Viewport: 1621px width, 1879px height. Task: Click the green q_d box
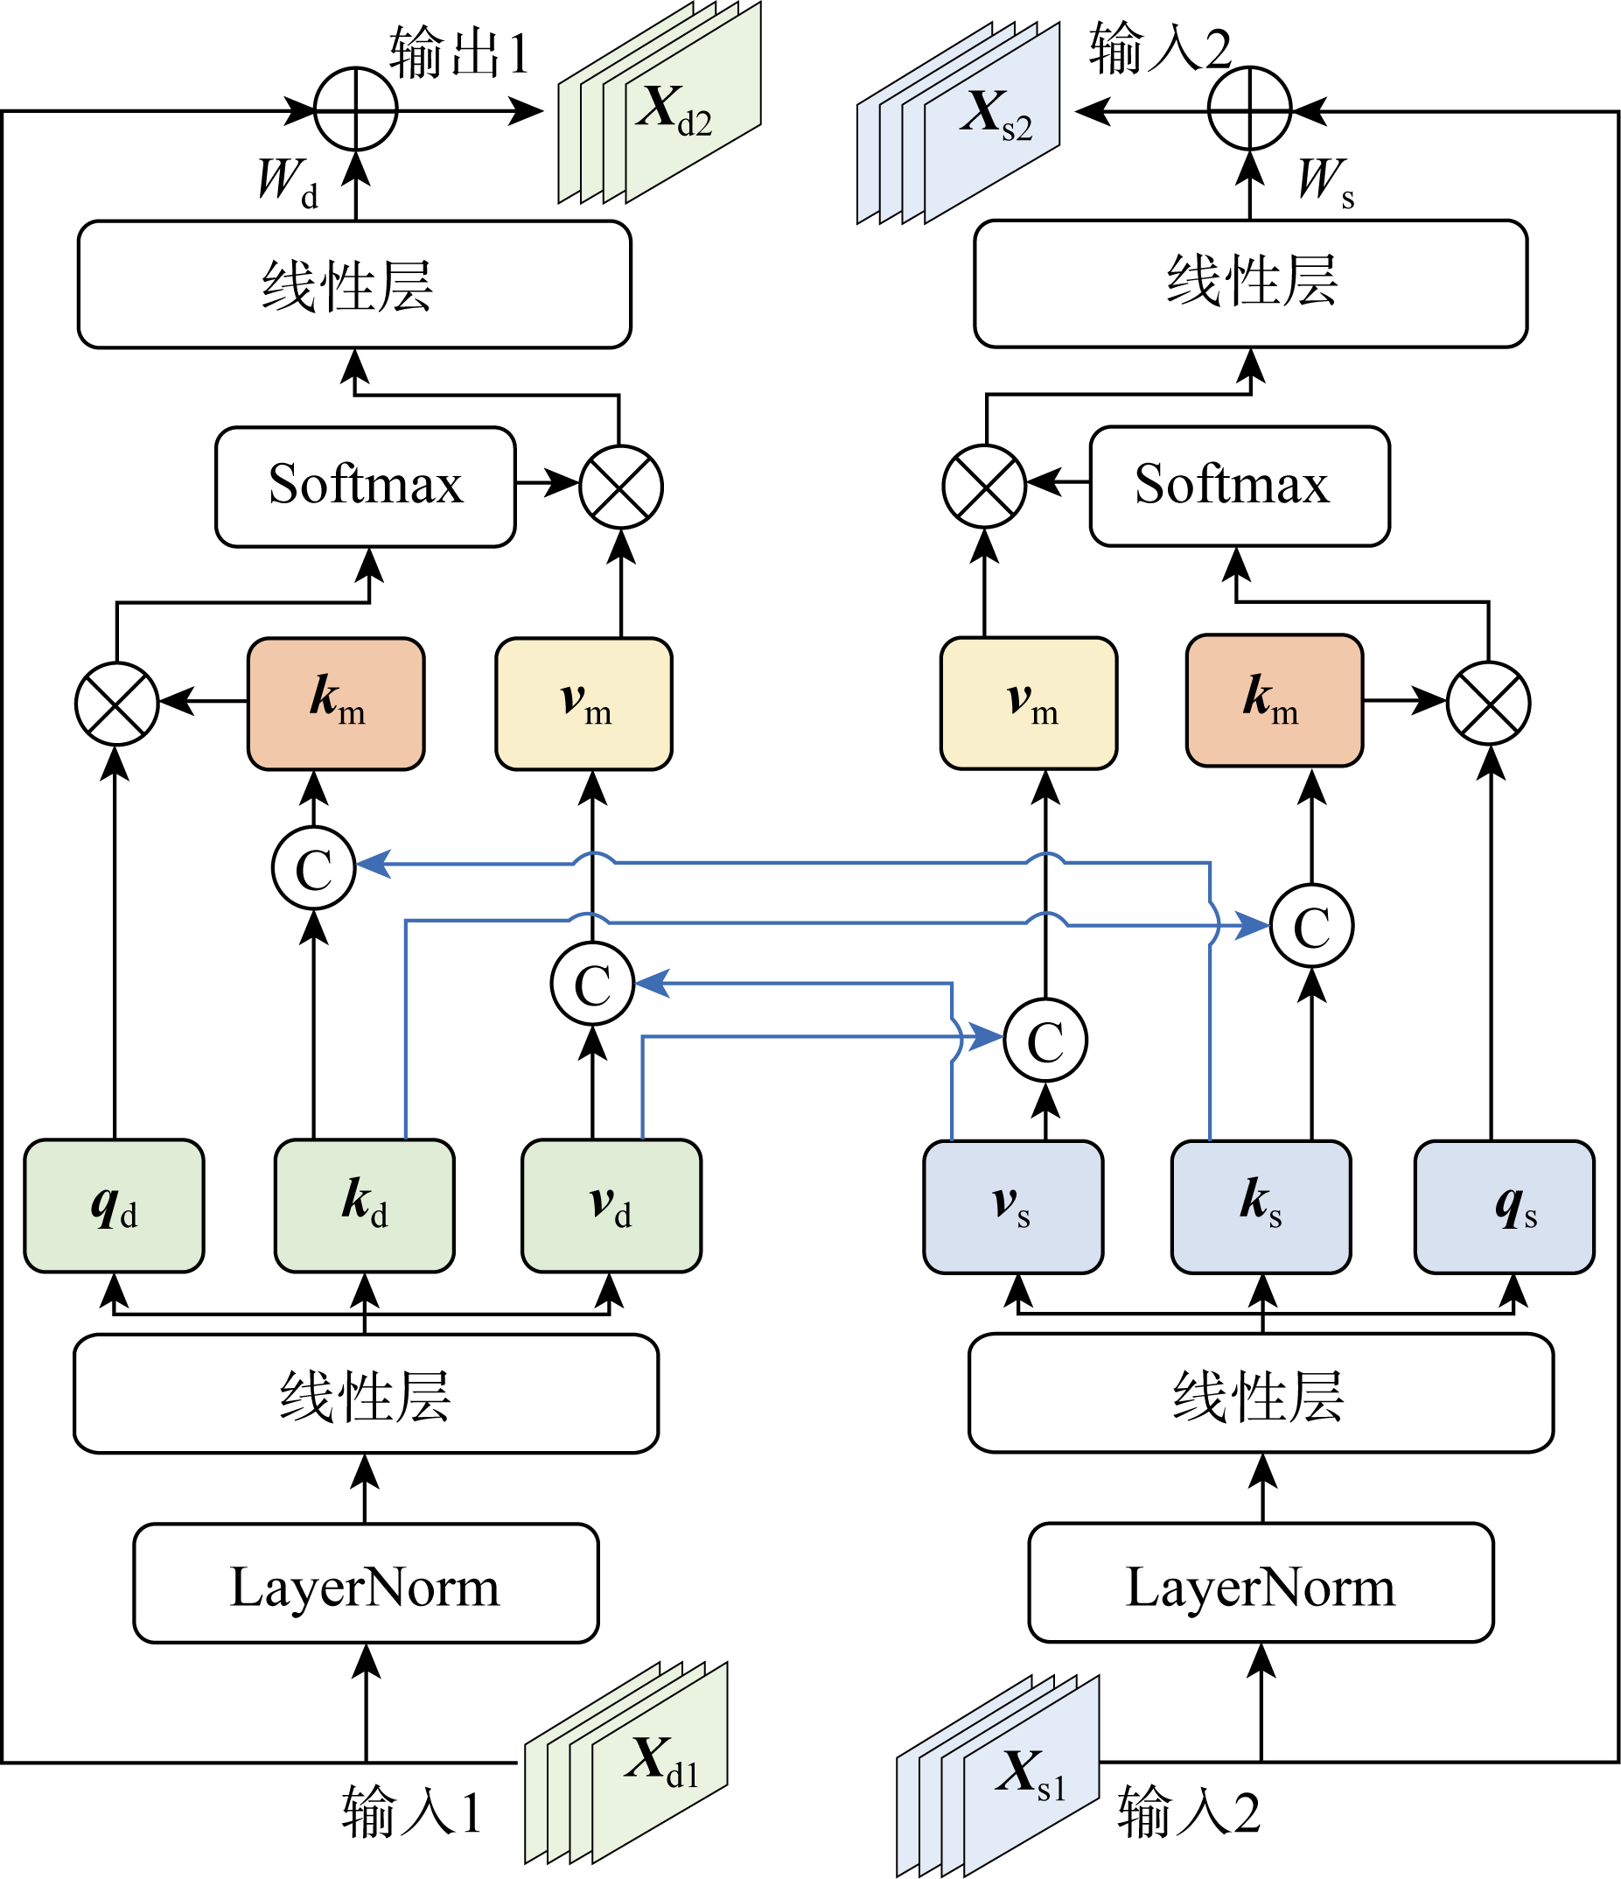[x=115, y=1205]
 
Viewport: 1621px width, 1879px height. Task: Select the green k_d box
[x=365, y=1205]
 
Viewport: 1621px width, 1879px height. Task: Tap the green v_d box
[x=611, y=1205]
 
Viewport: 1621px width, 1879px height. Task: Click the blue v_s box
[x=1013, y=1206]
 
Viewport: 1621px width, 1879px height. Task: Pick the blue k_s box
[x=1261, y=1206]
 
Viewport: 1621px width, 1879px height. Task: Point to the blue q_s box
[x=1504, y=1206]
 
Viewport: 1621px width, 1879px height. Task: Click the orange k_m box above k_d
[x=336, y=704]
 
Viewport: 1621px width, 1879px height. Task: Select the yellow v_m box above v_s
[x=1029, y=703]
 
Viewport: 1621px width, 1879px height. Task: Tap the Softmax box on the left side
[x=366, y=486]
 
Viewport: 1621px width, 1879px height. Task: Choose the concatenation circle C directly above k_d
[x=314, y=868]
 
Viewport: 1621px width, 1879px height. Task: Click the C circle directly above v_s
[x=1045, y=1041]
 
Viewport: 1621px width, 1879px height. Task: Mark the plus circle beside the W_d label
[x=356, y=109]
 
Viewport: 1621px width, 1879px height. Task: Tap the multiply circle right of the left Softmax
[x=621, y=487]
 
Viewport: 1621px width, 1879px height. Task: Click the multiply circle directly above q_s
[x=1489, y=703]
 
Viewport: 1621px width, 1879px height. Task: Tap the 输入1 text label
[x=410, y=1812]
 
